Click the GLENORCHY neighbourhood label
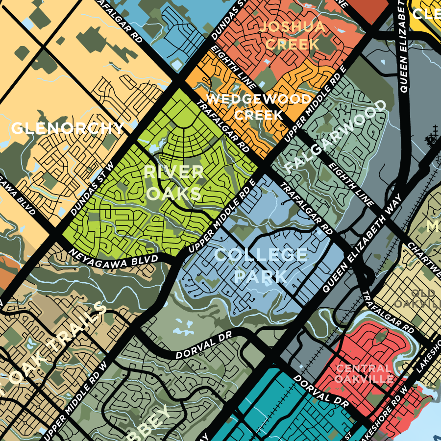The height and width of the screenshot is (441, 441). click(67, 128)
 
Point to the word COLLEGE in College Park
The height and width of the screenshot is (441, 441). click(261, 255)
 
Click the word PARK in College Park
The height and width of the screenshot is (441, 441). click(261, 276)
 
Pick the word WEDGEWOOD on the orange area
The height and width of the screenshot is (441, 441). click(258, 99)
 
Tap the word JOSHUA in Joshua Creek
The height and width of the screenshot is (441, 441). click(292, 26)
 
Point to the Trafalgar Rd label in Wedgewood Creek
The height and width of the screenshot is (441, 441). click(223, 126)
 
